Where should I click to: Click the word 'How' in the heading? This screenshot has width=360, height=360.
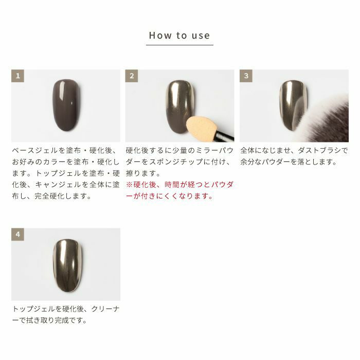point(160,35)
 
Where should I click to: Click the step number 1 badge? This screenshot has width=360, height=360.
point(17,76)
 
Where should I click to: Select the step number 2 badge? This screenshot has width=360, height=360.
point(132,76)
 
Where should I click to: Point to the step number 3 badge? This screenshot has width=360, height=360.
point(246,76)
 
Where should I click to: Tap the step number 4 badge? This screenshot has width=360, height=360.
point(17,235)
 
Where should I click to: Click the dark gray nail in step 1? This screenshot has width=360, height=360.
point(66,105)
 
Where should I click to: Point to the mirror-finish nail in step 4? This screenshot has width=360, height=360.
point(67,266)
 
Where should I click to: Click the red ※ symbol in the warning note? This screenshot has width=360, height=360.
point(130,185)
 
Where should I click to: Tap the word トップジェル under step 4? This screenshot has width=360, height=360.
point(33,309)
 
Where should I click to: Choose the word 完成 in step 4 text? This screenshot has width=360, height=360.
point(62,320)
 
